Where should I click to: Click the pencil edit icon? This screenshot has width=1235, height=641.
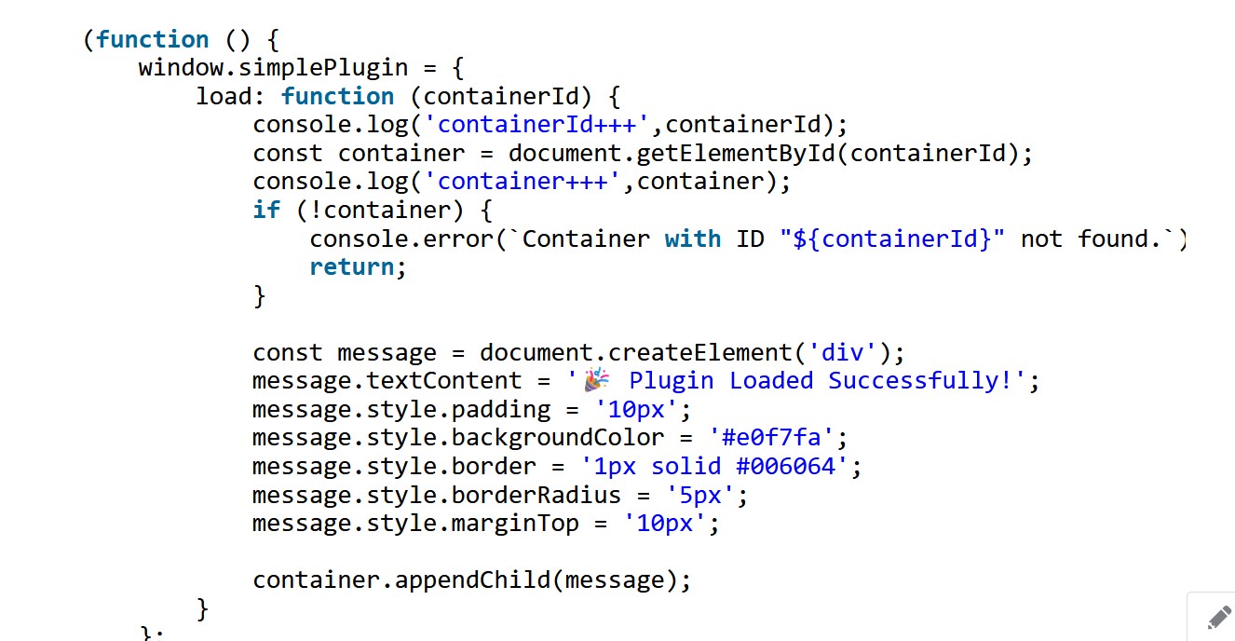pyautogui.click(x=1219, y=618)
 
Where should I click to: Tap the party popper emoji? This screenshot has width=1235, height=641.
pyautogui.click(x=597, y=380)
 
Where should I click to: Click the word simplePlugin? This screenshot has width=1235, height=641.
pyautogui.click(x=323, y=68)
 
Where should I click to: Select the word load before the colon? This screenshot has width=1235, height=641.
pyautogui.click(x=224, y=97)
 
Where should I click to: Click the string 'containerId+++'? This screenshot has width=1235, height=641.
pyautogui.click(x=536, y=125)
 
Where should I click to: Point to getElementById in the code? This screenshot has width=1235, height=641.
pyautogui.click(x=736, y=154)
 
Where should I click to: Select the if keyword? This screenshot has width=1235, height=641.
pyautogui.click(x=266, y=211)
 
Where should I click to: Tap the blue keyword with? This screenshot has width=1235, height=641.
pyautogui.click(x=693, y=239)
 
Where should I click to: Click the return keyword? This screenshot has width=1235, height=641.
pyautogui.click(x=352, y=267)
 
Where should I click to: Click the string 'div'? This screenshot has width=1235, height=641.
pyautogui.click(x=842, y=352)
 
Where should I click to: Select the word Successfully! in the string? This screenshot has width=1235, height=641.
pyautogui.click(x=920, y=381)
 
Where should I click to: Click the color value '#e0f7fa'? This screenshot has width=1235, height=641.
pyautogui.click(x=771, y=438)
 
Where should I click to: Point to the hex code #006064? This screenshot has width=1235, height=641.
pyautogui.click(x=786, y=466)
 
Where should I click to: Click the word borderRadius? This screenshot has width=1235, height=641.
pyautogui.click(x=536, y=495)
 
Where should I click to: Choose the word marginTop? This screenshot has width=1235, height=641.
pyautogui.click(x=515, y=523)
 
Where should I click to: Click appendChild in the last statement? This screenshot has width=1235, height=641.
pyautogui.click(x=472, y=580)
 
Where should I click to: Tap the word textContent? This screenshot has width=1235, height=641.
pyautogui.click(x=444, y=381)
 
